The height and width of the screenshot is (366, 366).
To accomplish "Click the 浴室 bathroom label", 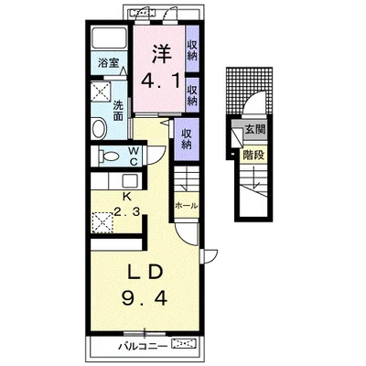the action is (x=108, y=63).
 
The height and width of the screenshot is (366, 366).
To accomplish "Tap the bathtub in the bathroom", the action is (x=110, y=38).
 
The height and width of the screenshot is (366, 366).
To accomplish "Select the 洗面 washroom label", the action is (x=118, y=111).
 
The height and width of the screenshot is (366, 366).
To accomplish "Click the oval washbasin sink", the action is (x=99, y=129).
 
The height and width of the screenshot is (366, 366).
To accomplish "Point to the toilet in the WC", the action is (x=109, y=156).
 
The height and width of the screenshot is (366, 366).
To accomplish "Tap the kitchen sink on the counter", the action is (x=130, y=181).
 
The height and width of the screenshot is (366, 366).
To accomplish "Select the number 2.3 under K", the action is (x=127, y=210).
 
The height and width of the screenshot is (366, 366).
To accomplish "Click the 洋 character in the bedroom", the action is (x=161, y=54).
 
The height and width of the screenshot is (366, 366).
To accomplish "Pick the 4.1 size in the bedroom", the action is (x=160, y=81).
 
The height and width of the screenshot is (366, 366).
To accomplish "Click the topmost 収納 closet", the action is (x=192, y=50).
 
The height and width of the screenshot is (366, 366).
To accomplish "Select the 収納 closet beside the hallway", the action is (x=187, y=139).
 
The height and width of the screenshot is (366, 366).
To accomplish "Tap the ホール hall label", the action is (x=186, y=206).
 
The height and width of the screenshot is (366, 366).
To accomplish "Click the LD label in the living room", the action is (x=145, y=273).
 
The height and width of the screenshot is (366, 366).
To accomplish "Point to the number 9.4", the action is (x=145, y=298).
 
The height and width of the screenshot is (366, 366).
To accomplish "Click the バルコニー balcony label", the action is (x=143, y=346).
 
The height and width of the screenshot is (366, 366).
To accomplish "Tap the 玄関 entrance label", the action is (x=255, y=129).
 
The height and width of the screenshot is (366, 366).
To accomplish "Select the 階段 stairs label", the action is (x=253, y=156).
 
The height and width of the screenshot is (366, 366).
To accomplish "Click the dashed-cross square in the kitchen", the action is (x=101, y=222).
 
